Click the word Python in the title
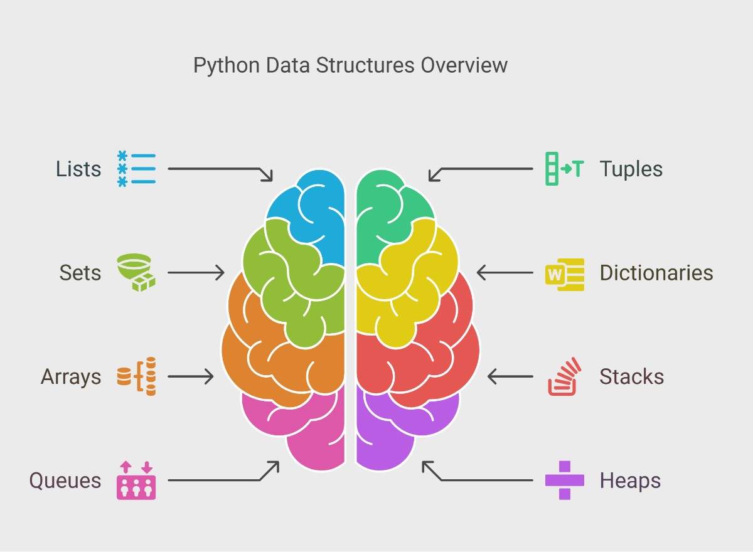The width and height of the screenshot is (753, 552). tap(227, 66)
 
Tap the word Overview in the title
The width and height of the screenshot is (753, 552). tap(464, 65)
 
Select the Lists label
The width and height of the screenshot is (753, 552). tap(78, 169)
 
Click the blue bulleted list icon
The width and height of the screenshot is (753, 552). tap(137, 169)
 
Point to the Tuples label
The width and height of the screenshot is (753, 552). tap(631, 169)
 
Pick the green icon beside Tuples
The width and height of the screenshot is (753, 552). tap(564, 169)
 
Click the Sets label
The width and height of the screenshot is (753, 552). tap(80, 272)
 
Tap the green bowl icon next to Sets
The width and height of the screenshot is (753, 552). tap(136, 272)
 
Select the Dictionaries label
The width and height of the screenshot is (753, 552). tap(656, 272)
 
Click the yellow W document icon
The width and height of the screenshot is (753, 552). tap(565, 275)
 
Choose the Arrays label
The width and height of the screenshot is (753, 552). tap(71, 377)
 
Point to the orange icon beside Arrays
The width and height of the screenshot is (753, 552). tap(137, 376)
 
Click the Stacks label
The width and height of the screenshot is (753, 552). tap(632, 376)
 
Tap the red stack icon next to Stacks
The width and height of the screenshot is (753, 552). tap(564, 376)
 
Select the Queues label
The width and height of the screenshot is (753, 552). tap(65, 480)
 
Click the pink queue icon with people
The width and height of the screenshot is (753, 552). tap(136, 480)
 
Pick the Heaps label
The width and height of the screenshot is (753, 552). tap(630, 480)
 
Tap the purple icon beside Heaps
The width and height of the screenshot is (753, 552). tap(565, 480)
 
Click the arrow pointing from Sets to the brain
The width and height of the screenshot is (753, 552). tap(196, 272)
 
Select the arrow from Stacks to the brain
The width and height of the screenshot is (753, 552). tap(510, 376)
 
